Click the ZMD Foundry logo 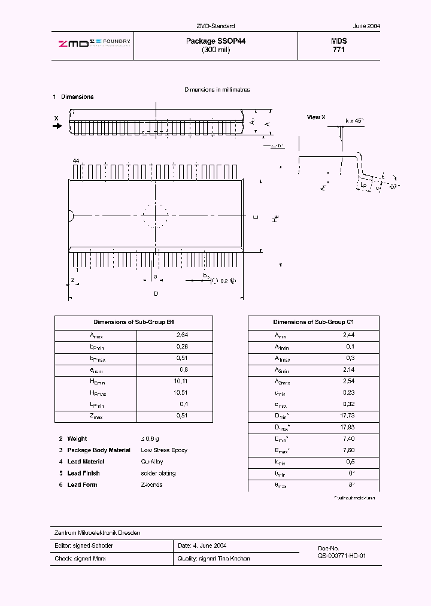click(x=94, y=42)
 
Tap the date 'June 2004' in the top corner click(x=366, y=26)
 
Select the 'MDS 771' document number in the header click(x=339, y=46)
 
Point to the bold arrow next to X click(x=57, y=126)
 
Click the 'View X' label click(x=315, y=117)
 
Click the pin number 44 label click(x=75, y=162)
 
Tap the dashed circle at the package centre click(x=156, y=216)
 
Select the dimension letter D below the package click(x=156, y=293)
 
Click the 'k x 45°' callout click(x=354, y=120)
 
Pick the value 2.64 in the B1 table click(x=182, y=335)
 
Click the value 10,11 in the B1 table click(x=182, y=381)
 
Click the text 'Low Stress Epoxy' click(x=164, y=450)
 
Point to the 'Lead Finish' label click(x=83, y=473)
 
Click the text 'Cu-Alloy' click(x=153, y=462)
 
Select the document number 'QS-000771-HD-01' click(x=342, y=556)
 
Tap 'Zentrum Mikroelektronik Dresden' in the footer click(x=98, y=533)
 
